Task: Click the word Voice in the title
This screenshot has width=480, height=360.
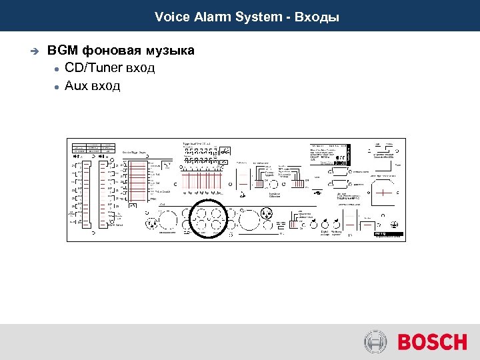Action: [169, 17]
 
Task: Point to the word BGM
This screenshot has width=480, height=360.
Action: [63, 51]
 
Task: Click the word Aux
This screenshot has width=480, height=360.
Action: [76, 85]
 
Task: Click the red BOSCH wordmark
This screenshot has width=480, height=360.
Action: [433, 343]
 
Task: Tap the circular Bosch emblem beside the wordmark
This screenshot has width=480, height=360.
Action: [376, 343]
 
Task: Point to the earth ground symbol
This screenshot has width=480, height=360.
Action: [394, 225]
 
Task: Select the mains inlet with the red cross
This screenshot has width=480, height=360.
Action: [385, 193]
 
